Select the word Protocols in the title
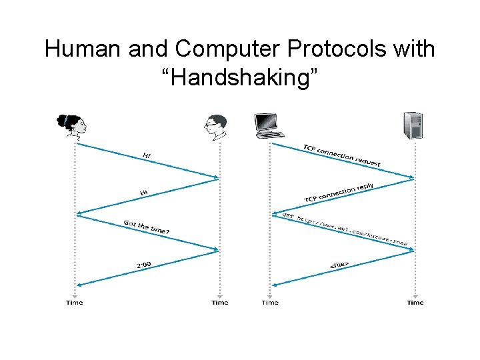pyautogui.click(x=341, y=49)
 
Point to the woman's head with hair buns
pyautogui.click(x=73, y=125)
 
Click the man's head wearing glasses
pyautogui.click(x=216, y=127)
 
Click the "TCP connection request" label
pyautogui.click(x=342, y=155)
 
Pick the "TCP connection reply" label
pyautogui.click(x=339, y=193)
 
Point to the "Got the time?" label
pyautogui.click(x=147, y=227)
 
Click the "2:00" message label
pyautogui.click(x=144, y=265)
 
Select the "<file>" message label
pyautogui.click(x=339, y=265)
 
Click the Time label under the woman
pyautogui.click(x=75, y=303)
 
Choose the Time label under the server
pyautogui.click(x=415, y=303)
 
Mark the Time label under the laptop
pyautogui.click(x=270, y=303)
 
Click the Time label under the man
pyautogui.click(x=219, y=303)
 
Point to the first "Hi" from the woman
pyautogui.click(x=147, y=155)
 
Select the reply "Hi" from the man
pyautogui.click(x=144, y=193)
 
